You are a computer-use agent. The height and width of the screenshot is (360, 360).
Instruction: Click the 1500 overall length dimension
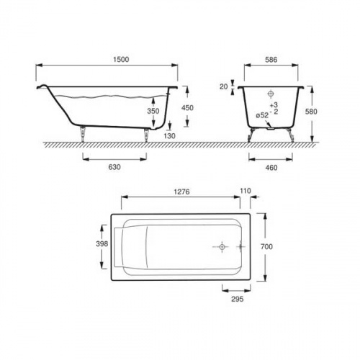click(121, 59)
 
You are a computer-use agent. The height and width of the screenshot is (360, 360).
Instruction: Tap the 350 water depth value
click(153, 111)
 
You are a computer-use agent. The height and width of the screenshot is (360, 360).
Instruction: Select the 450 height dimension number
click(187, 108)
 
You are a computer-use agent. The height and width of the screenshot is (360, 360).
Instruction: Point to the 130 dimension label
click(169, 136)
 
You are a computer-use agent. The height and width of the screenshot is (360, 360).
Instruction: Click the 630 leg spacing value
click(114, 167)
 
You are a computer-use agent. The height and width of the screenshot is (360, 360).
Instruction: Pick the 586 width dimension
click(271, 60)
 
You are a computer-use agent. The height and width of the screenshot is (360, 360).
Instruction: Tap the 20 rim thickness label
click(223, 86)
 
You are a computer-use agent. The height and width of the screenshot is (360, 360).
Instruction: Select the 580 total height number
click(311, 112)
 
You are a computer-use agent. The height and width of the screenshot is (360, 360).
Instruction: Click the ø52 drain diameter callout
click(262, 115)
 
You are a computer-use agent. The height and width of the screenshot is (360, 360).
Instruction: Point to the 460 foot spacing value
click(271, 168)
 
